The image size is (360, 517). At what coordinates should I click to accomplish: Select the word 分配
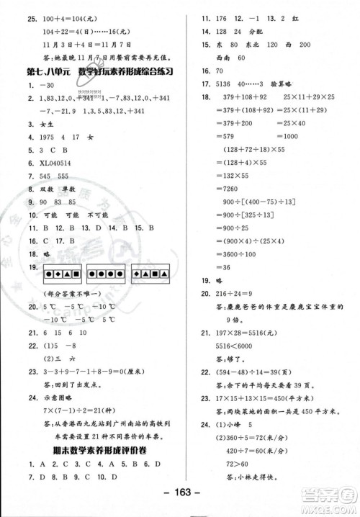[x=274, y=32]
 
